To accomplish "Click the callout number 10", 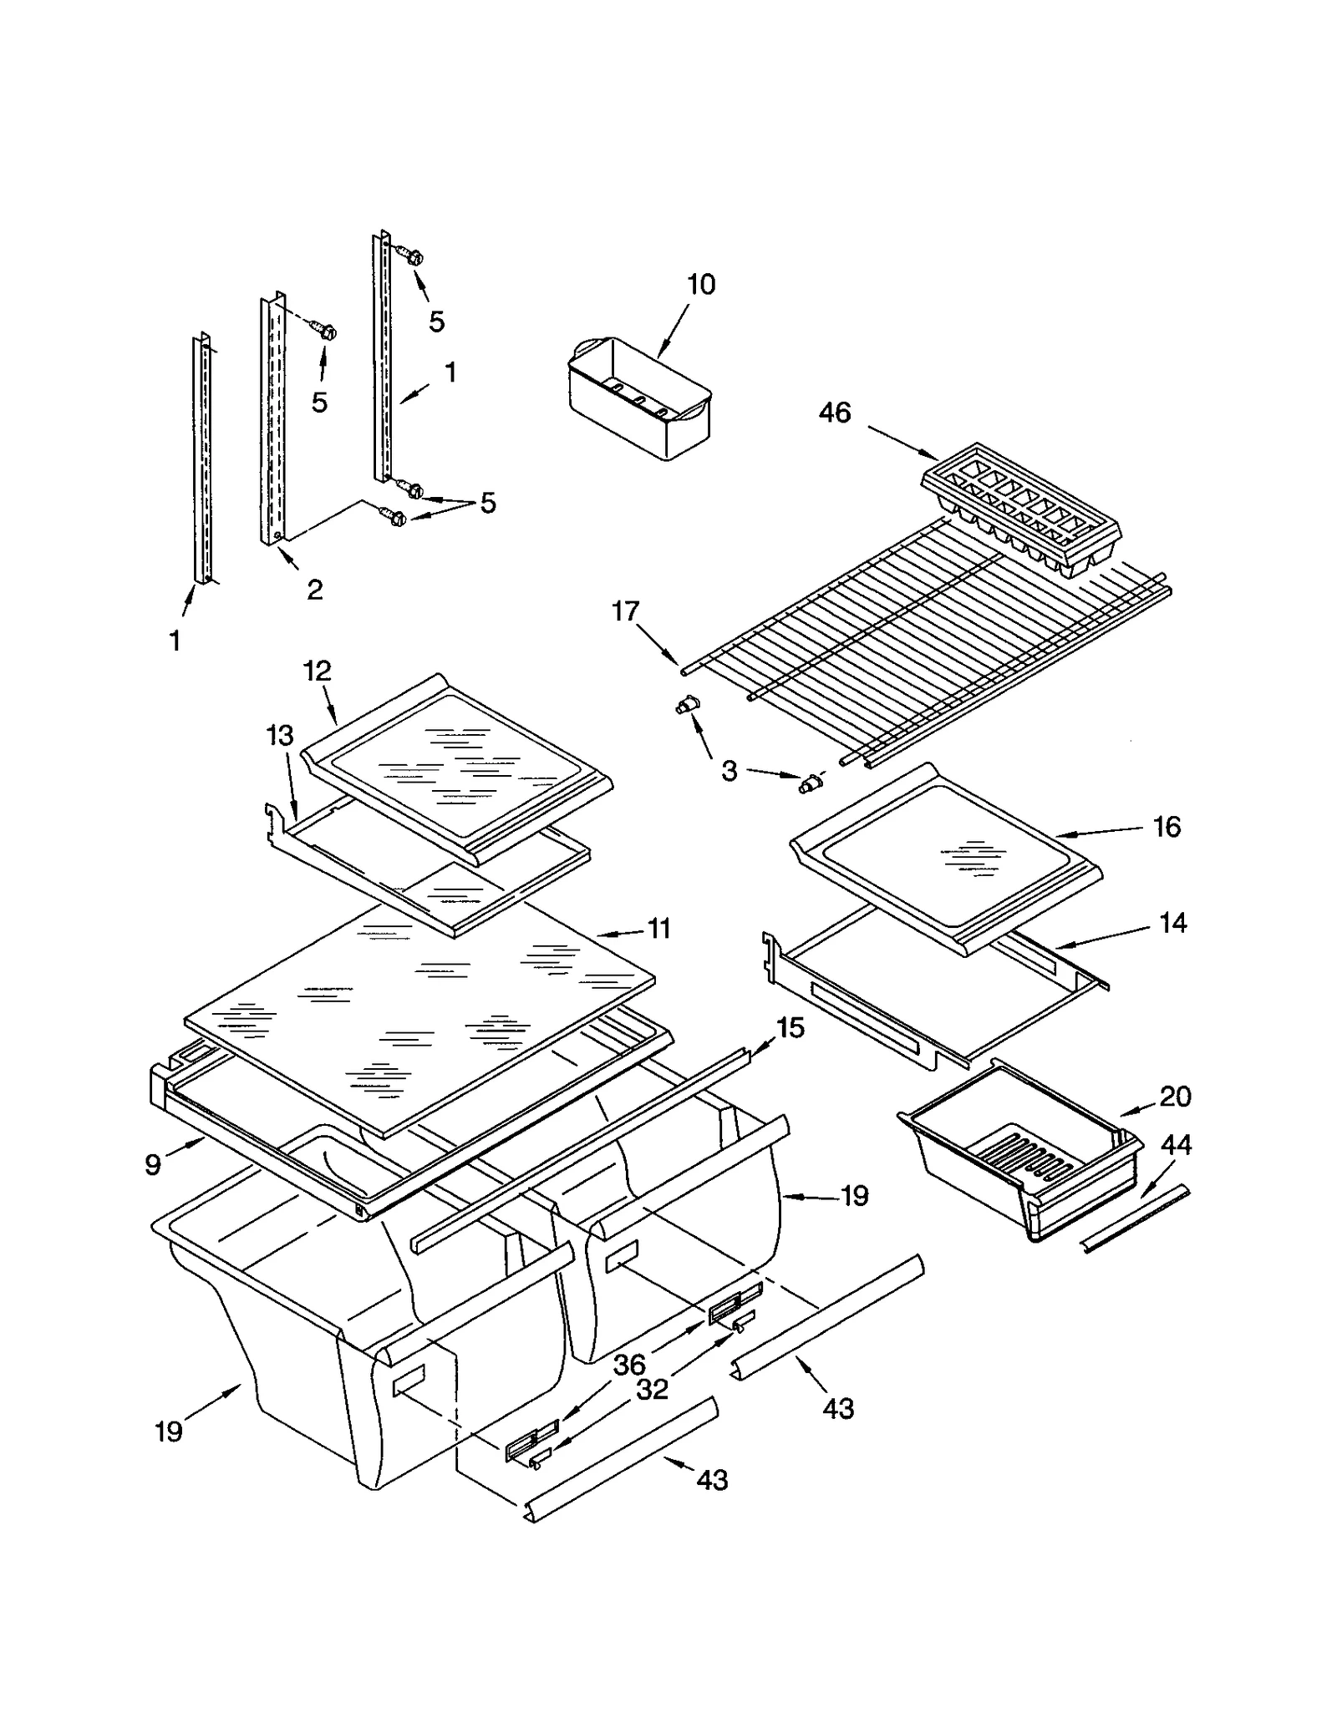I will click(x=701, y=285).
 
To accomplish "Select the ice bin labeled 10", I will click(x=639, y=398).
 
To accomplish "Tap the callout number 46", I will click(x=834, y=412).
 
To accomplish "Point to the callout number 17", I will click(x=625, y=611).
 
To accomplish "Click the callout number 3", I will click(x=729, y=771).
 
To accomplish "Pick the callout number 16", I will click(x=1167, y=827).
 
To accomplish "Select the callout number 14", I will click(x=1172, y=923).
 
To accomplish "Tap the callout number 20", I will click(x=1175, y=1097).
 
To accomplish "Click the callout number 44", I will click(x=1176, y=1144).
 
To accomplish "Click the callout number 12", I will click(x=318, y=671).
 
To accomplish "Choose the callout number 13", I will click(x=280, y=736).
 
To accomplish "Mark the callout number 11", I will click(x=659, y=928).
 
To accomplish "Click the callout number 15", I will click(x=790, y=1028).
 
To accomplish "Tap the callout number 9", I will click(x=152, y=1164).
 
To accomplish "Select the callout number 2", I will click(x=314, y=590).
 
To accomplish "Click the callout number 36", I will click(x=629, y=1365).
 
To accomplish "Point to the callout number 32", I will click(x=653, y=1389).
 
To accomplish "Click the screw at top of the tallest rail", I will click(x=410, y=254).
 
